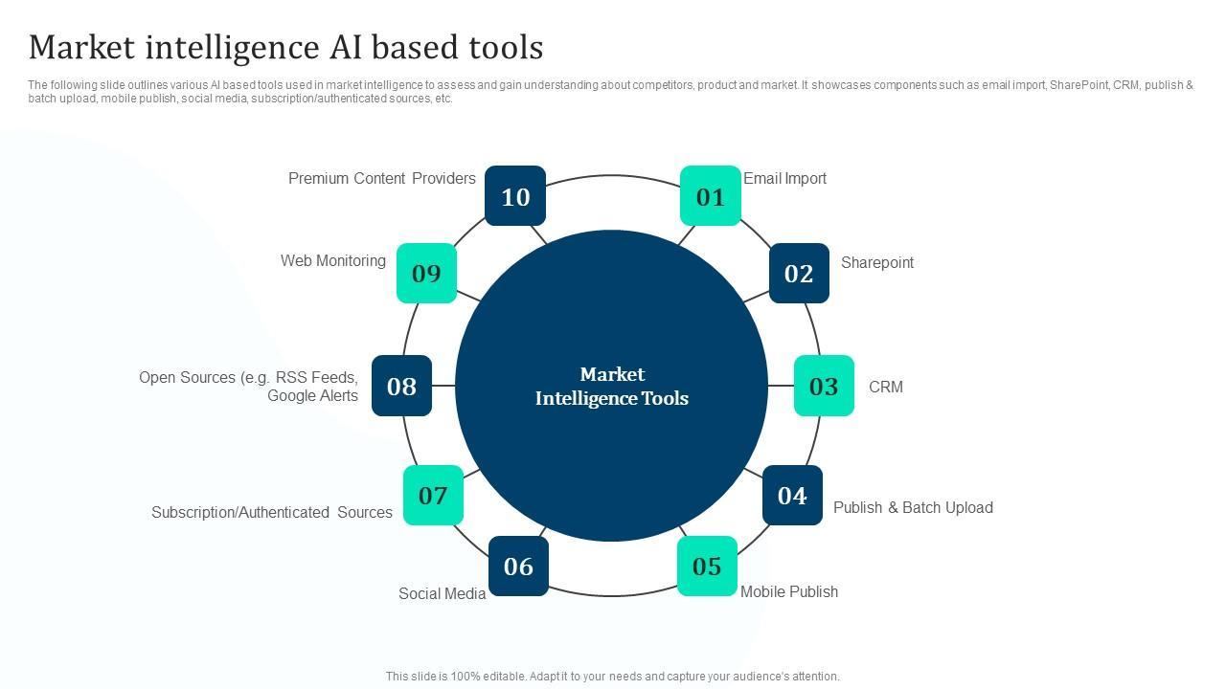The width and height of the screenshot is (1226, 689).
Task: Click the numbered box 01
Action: pos(711,196)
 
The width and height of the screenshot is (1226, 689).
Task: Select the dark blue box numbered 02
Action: pos(799,273)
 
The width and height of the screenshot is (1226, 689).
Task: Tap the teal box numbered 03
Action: pos(824,386)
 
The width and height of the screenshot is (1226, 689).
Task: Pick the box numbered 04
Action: pos(792,496)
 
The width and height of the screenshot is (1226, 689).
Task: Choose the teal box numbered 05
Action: pos(707,566)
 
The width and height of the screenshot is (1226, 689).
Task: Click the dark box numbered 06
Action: pos(518,566)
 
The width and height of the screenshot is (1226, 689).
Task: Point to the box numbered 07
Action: pos(433,496)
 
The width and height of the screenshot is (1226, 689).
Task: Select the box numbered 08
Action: pos(401,386)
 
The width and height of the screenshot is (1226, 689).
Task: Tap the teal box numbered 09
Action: pos(426,273)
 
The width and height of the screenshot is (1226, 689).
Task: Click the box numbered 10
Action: pos(515,196)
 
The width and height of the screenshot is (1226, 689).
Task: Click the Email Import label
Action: pos(784,179)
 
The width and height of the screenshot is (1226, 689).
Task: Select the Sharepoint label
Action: pos(877,263)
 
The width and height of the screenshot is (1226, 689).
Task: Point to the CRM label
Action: pos(886,387)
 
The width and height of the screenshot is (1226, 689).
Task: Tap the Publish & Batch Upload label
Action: pos(913,507)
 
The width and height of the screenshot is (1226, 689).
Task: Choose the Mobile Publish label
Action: pos(789,591)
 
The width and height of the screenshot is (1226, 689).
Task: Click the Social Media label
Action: pos(443,593)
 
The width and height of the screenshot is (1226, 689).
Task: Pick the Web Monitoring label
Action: pos(333,261)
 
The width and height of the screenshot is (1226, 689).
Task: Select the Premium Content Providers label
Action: pos(382,178)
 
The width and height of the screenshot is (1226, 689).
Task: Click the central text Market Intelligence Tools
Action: pos(612,386)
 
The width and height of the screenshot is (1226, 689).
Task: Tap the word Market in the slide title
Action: pos(81,47)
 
